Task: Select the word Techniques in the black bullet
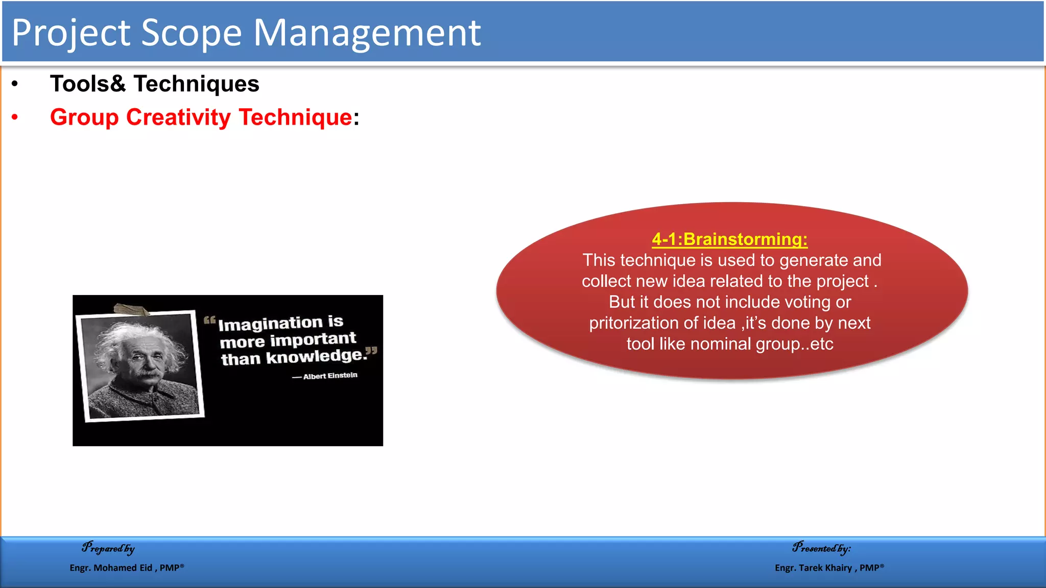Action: [x=196, y=84]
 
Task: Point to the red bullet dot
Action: [x=15, y=117]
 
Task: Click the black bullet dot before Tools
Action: [x=15, y=84]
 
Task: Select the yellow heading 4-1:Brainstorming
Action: [x=729, y=239]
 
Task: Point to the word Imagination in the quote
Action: [x=270, y=324]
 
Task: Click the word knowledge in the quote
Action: [x=317, y=356]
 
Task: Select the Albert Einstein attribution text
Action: [x=330, y=376]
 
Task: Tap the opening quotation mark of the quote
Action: [x=209, y=321]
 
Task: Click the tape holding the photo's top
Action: [x=131, y=309]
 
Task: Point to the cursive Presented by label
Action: [x=821, y=548]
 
